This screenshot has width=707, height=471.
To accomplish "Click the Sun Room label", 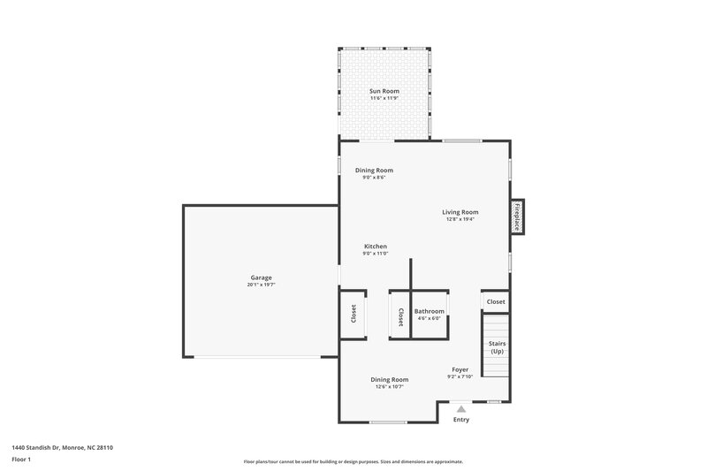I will (x=384, y=91).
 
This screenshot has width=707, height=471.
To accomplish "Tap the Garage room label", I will (x=261, y=278).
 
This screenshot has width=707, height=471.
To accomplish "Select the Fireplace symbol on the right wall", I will (x=517, y=217).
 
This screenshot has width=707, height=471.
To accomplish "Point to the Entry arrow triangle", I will (x=460, y=408).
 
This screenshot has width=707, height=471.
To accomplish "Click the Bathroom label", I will (x=430, y=311).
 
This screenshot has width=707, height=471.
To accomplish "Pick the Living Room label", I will (x=460, y=212).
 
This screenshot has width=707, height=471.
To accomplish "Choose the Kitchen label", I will (x=376, y=247).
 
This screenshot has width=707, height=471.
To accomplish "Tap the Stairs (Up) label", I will (x=497, y=347).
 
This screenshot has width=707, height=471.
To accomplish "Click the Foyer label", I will (x=460, y=369).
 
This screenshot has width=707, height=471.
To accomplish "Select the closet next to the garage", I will (x=353, y=314).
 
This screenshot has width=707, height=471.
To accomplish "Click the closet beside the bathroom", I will (x=400, y=316).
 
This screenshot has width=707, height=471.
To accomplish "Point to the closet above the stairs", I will (x=496, y=302).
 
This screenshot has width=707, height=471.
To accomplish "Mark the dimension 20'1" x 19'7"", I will (x=261, y=285).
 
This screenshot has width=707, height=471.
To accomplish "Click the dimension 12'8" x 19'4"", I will (x=460, y=219).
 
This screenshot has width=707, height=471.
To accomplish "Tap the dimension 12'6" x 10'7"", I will (x=389, y=386).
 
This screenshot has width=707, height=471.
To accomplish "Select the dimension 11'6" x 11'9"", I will (x=384, y=98).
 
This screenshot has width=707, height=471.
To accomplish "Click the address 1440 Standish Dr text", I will (x=62, y=448).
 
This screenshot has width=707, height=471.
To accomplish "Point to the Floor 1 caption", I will (x=22, y=460).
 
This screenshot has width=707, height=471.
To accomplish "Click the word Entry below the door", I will (x=461, y=420).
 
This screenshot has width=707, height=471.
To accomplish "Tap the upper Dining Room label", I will (x=374, y=171).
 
